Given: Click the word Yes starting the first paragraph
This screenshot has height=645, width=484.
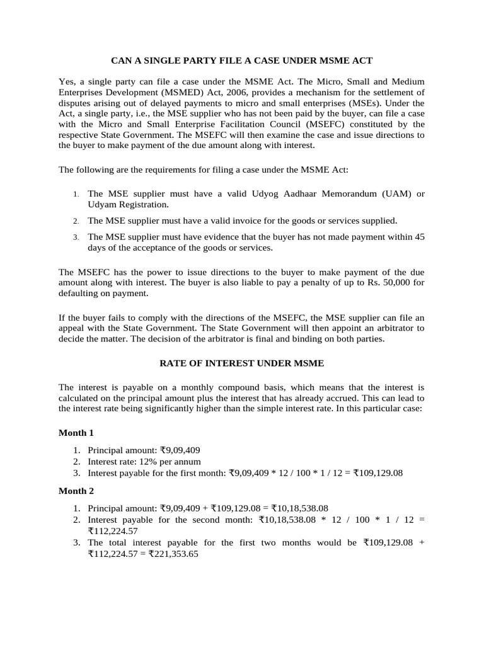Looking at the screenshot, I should (67, 82).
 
